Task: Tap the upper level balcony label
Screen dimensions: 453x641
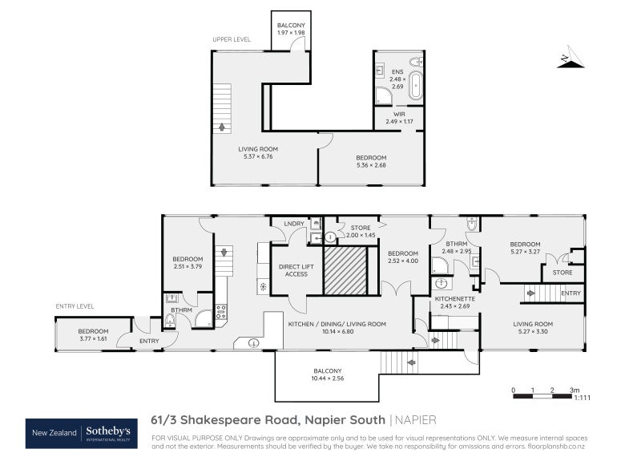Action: click(291, 30)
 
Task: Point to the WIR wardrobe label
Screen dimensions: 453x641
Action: click(399, 118)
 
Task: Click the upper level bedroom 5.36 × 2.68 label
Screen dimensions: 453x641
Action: click(371, 161)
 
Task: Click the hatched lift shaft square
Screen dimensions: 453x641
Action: click(345, 271)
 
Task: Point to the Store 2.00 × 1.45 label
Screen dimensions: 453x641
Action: click(361, 232)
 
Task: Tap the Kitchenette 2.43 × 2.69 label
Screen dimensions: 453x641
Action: click(454, 302)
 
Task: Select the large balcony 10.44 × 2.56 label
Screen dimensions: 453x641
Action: click(326, 374)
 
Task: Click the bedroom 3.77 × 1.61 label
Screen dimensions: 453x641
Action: click(93, 334)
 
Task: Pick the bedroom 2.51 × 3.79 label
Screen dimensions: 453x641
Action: click(187, 262)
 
